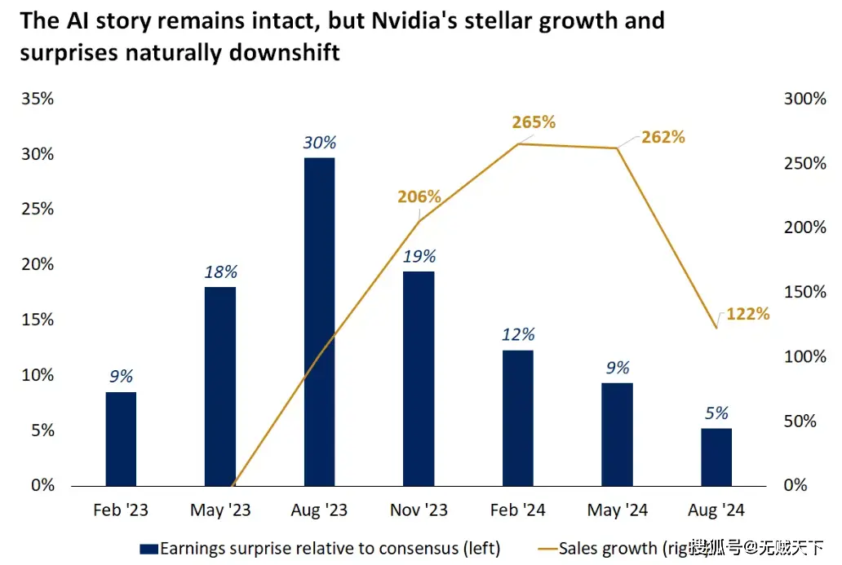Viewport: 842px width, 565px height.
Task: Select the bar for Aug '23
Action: [x=319, y=321]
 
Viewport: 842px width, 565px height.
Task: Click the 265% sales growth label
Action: [x=534, y=122]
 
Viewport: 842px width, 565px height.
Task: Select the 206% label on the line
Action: [x=419, y=196]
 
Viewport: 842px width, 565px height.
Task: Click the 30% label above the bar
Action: [x=319, y=142]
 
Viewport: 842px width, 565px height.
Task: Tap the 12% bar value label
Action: [x=518, y=334]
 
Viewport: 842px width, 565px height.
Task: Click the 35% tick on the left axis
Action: [x=38, y=99]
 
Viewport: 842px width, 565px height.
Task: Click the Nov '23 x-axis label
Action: [x=419, y=511]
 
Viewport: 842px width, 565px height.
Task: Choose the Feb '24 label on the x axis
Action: [x=518, y=511]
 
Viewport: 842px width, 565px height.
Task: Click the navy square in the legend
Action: [x=149, y=549]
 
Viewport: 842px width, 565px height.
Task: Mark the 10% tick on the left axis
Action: [x=38, y=375]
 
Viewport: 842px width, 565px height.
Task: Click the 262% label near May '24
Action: [x=663, y=137]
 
